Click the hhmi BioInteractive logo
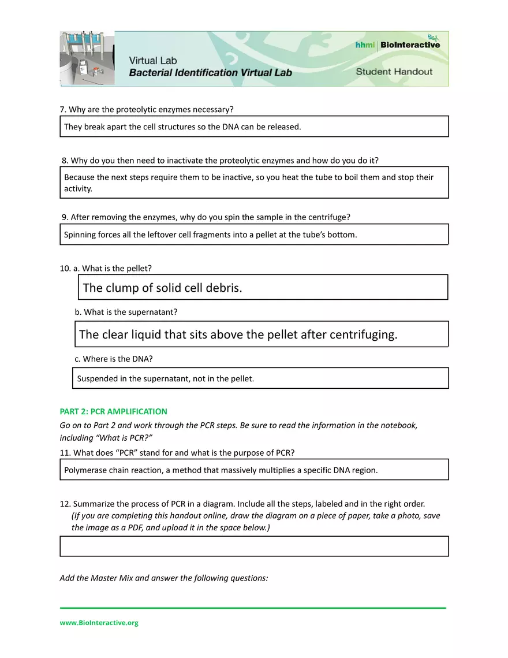coord(398,44)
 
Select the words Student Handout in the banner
coord(394,72)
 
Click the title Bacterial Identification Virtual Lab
coord(210,73)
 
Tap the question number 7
coord(63,109)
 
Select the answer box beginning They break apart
coord(254,127)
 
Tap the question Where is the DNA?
coord(118,359)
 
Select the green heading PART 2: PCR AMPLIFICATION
coord(113,411)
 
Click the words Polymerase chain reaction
coord(113,470)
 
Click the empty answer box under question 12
coord(254,546)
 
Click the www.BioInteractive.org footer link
coord(99,623)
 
